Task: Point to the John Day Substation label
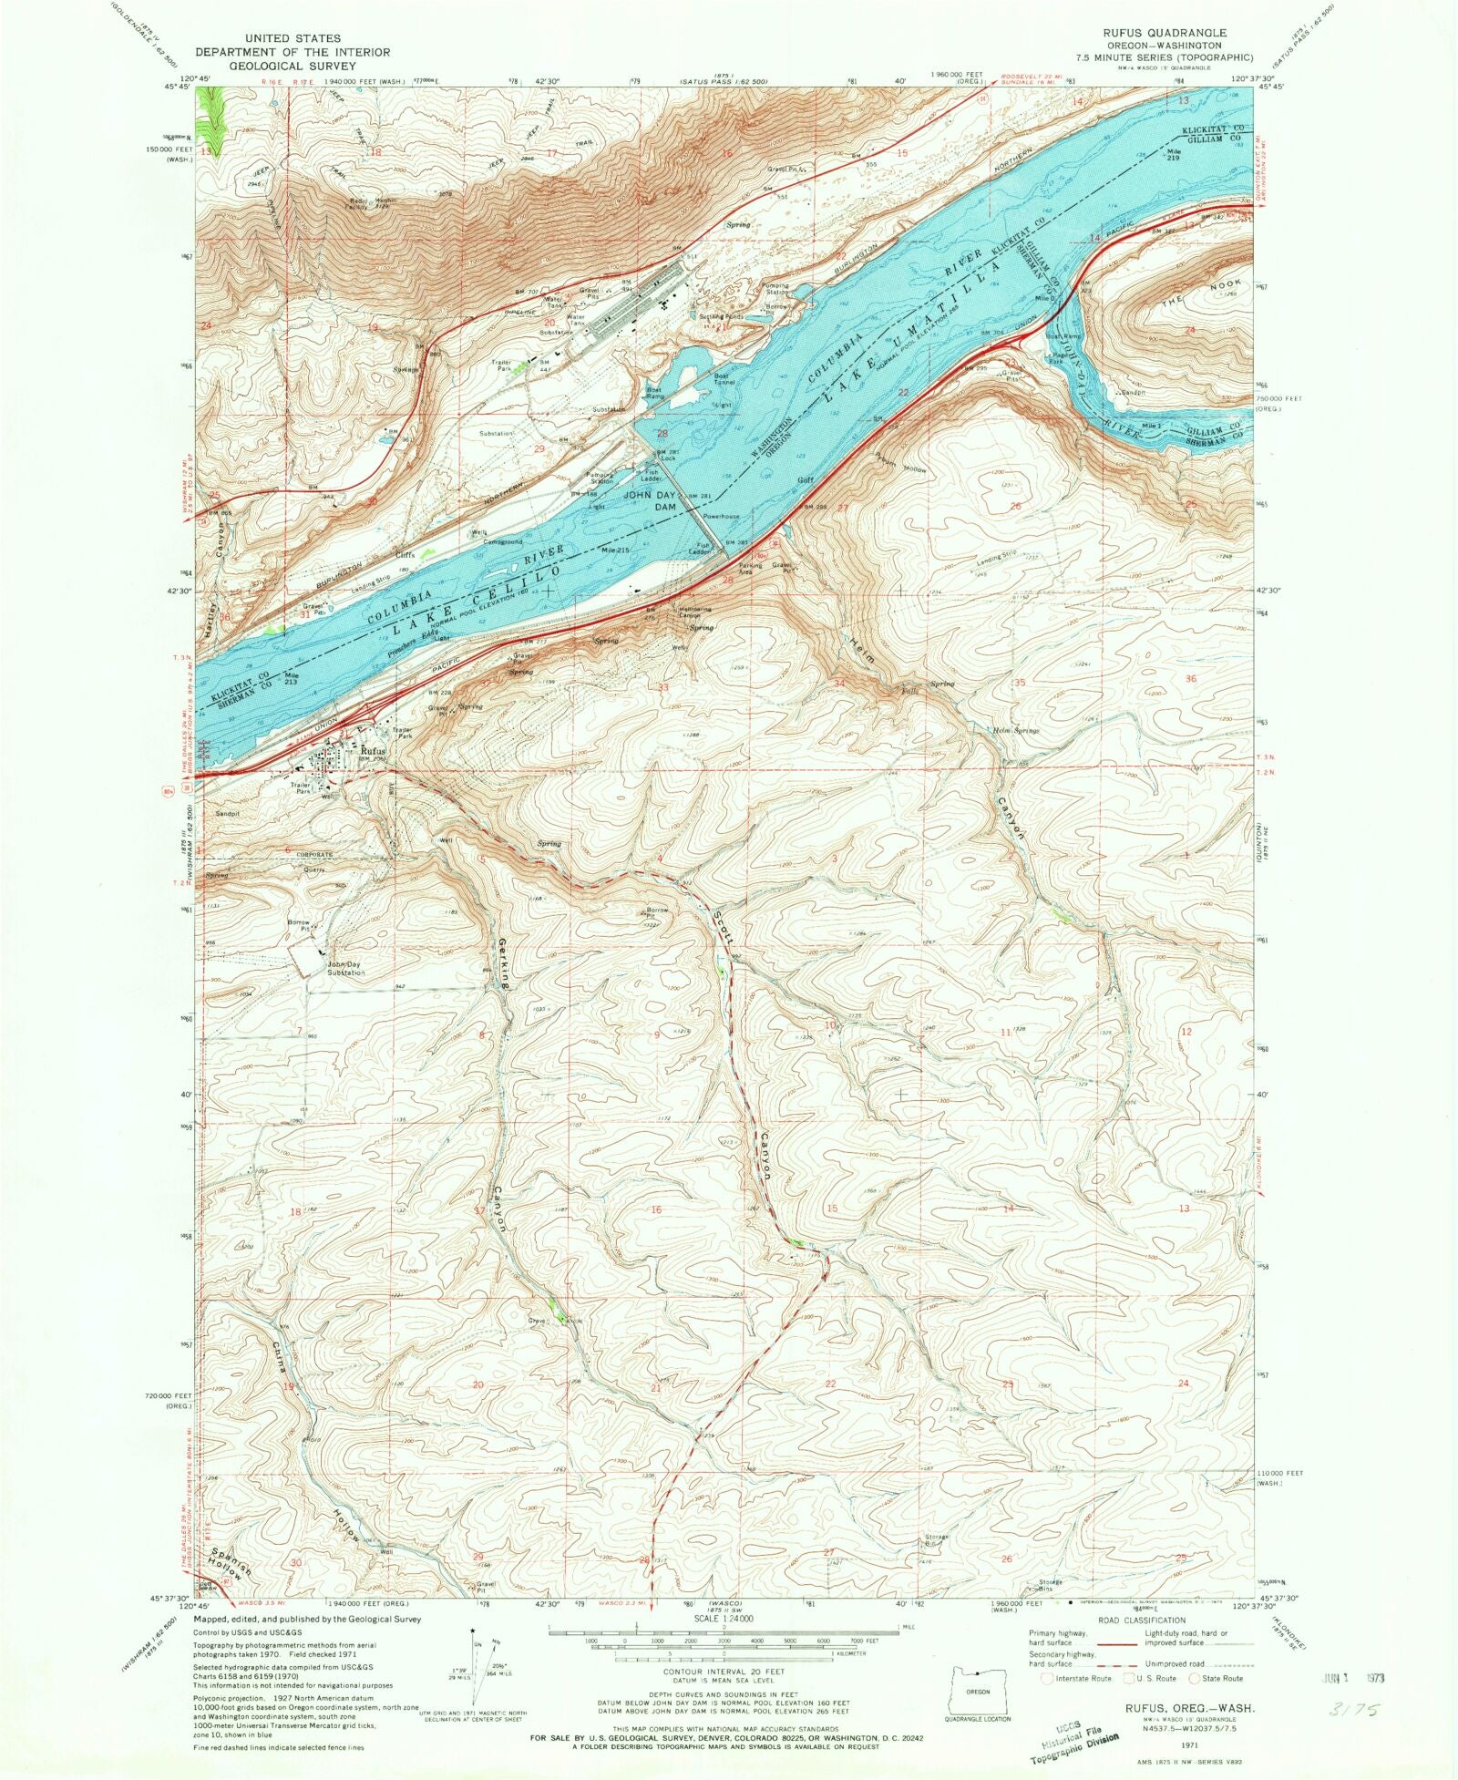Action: pos(346,968)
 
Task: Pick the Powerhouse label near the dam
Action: pos(720,516)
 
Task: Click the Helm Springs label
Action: pos(1014,730)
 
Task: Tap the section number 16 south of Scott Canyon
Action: pos(655,1209)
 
